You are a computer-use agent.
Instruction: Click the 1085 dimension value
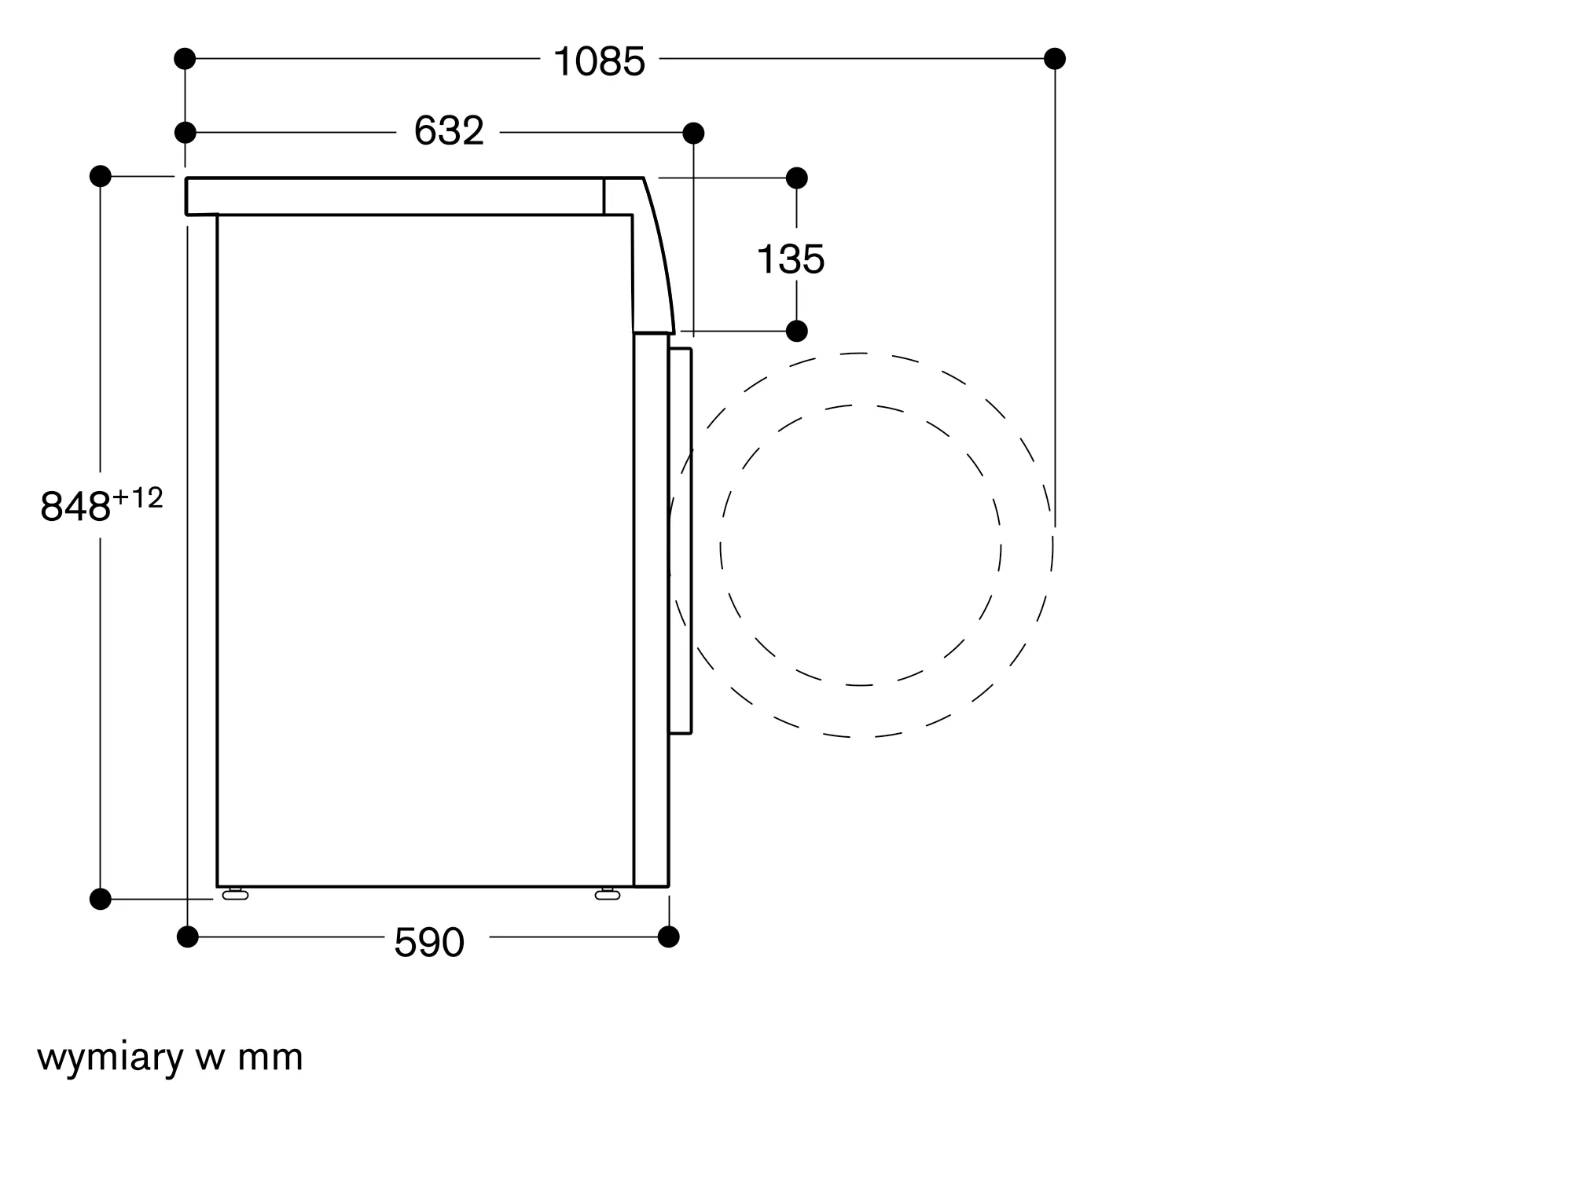pyautogui.click(x=599, y=61)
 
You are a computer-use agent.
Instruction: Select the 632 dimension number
pyautogui.click(x=449, y=130)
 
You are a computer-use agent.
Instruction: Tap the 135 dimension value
pyautogui.click(x=791, y=259)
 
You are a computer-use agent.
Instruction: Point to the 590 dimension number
pyautogui.click(x=429, y=942)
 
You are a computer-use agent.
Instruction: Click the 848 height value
pyautogui.click(x=75, y=507)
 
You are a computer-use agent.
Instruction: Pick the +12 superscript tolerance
pyautogui.click(x=138, y=498)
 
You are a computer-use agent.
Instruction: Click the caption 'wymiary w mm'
pyautogui.click(x=170, y=1058)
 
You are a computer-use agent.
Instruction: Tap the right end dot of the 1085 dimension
pyautogui.click(x=1055, y=58)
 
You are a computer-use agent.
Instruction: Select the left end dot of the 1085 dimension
pyautogui.click(x=185, y=58)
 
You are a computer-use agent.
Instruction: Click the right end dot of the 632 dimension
pyautogui.click(x=693, y=133)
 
